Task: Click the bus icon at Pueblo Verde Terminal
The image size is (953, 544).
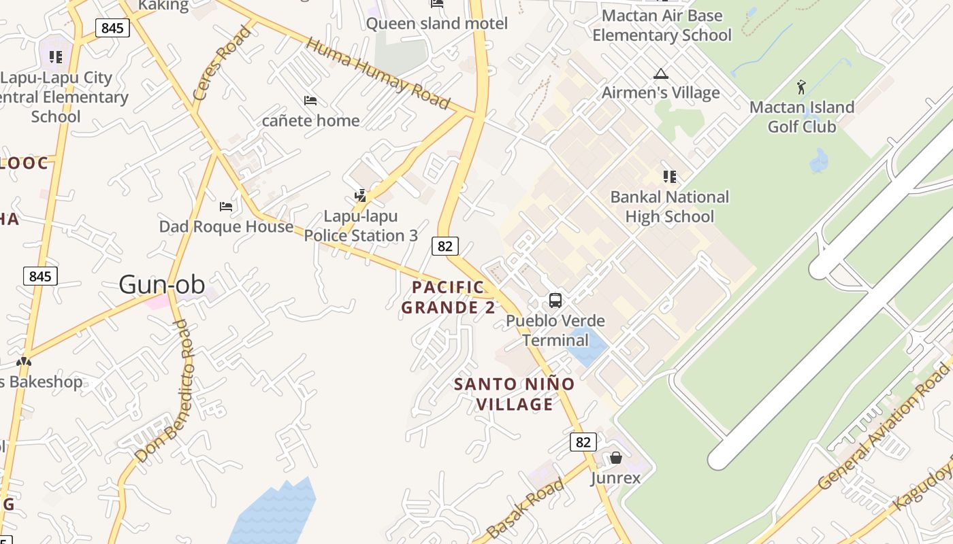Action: point(555,300)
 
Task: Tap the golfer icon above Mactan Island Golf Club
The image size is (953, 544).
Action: point(801,87)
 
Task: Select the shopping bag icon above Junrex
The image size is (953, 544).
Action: point(615,458)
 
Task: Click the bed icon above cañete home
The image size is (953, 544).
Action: point(310,101)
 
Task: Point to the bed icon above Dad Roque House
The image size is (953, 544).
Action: point(226,206)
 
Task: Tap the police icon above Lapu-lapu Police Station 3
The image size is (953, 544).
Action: point(361,196)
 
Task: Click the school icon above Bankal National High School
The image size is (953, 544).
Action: point(669,177)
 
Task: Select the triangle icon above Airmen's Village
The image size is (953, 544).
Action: point(660,73)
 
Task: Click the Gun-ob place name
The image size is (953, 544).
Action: point(162,284)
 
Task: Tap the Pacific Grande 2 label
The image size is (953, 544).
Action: point(448,297)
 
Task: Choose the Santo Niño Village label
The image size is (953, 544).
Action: point(514,394)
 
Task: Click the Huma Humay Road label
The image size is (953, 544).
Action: point(378,73)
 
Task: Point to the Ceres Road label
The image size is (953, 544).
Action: point(222,63)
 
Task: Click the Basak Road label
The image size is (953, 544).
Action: point(526,508)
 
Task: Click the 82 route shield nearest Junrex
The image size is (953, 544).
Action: point(583,442)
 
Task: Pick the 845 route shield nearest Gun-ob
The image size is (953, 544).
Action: point(40,276)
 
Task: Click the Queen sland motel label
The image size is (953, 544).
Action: point(437,24)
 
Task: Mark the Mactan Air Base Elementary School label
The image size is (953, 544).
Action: point(662,25)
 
